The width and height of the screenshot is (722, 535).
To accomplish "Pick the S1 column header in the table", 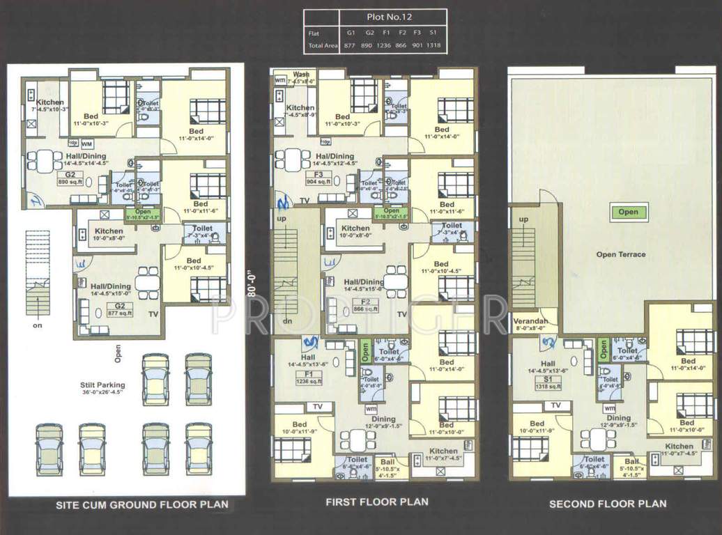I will pos(433,33).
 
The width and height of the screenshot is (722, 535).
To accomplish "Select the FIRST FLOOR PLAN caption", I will pos(377,502).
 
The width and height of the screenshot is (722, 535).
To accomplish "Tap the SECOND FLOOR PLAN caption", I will pos(608,504).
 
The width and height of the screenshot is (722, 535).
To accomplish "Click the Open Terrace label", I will pos(621,255).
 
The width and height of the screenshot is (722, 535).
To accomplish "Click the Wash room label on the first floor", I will pos(301,75).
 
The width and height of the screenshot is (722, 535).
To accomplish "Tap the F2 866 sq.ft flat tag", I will pos(364,305).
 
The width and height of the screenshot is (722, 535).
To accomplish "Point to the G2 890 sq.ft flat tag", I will pos(70,178).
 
